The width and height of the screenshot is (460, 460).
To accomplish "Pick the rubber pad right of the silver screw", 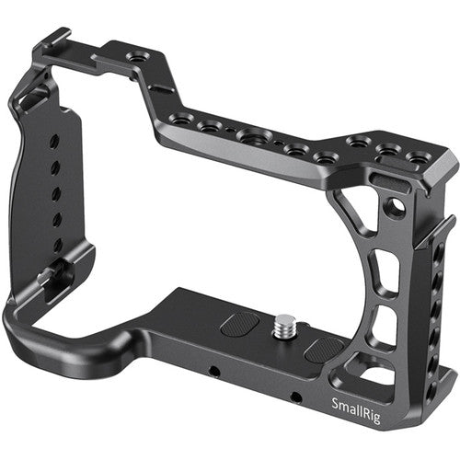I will (325, 349).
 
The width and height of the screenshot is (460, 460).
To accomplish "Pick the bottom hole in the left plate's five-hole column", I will (58, 246).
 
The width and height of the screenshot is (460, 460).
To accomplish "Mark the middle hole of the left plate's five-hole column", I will (55, 193).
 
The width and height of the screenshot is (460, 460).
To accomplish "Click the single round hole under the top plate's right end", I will (395, 208).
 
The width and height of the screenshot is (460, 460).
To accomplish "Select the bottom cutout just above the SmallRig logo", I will (381, 375).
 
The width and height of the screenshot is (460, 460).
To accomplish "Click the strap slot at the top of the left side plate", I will (35, 98).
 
